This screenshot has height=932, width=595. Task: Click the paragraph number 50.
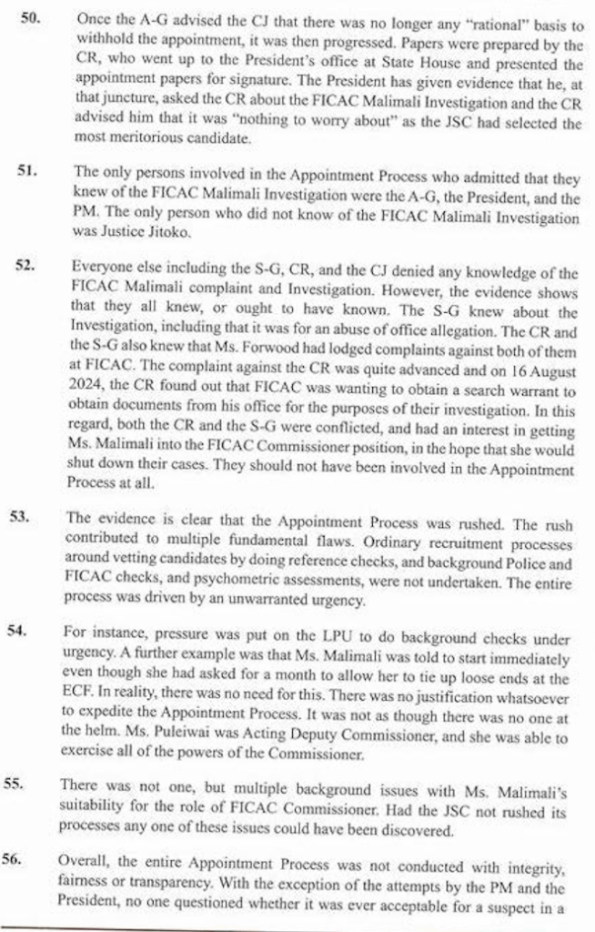click(31, 17)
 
